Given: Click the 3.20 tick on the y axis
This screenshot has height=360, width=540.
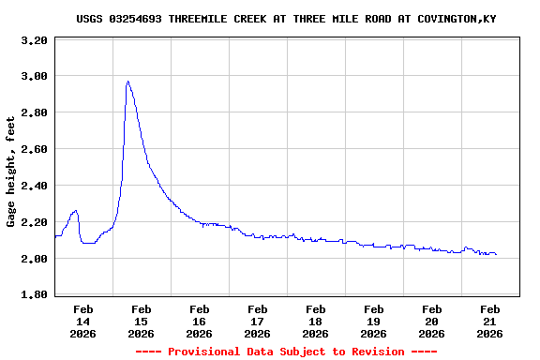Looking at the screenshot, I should (x=35, y=41).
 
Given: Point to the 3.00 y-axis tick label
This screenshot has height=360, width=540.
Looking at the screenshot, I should (x=35, y=76).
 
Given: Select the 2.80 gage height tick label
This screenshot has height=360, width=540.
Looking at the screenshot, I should (x=35, y=112).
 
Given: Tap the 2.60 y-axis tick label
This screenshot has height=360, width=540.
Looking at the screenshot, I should (x=35, y=149).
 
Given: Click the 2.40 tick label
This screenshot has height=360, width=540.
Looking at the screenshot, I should (x=35, y=186).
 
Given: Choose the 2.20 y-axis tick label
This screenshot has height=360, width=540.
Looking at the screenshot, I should (x=35, y=222).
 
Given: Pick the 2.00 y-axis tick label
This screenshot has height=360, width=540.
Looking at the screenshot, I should (x=35, y=259).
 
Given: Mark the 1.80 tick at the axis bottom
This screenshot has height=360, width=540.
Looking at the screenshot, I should (x=35, y=295).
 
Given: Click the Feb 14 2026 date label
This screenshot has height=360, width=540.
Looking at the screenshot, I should (x=83, y=321).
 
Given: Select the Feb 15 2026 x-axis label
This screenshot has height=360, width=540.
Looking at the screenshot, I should (x=142, y=321).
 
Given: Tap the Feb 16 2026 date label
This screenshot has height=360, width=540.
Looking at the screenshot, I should (x=200, y=321).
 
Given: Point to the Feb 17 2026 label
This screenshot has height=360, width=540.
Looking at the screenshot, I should (x=258, y=321).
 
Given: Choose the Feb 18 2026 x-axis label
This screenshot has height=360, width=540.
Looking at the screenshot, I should (x=316, y=321).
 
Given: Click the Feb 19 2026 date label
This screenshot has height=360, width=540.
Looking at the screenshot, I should (x=374, y=321).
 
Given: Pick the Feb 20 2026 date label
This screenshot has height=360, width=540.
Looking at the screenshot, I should (x=432, y=321).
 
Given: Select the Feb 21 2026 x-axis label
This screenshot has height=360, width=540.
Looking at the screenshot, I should (x=490, y=321).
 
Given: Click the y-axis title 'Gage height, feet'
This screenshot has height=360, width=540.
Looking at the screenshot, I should (x=11, y=172).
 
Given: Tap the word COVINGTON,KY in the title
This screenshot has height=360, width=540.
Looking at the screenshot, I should (x=457, y=19).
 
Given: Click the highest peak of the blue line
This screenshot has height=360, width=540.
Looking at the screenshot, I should (x=127, y=82).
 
